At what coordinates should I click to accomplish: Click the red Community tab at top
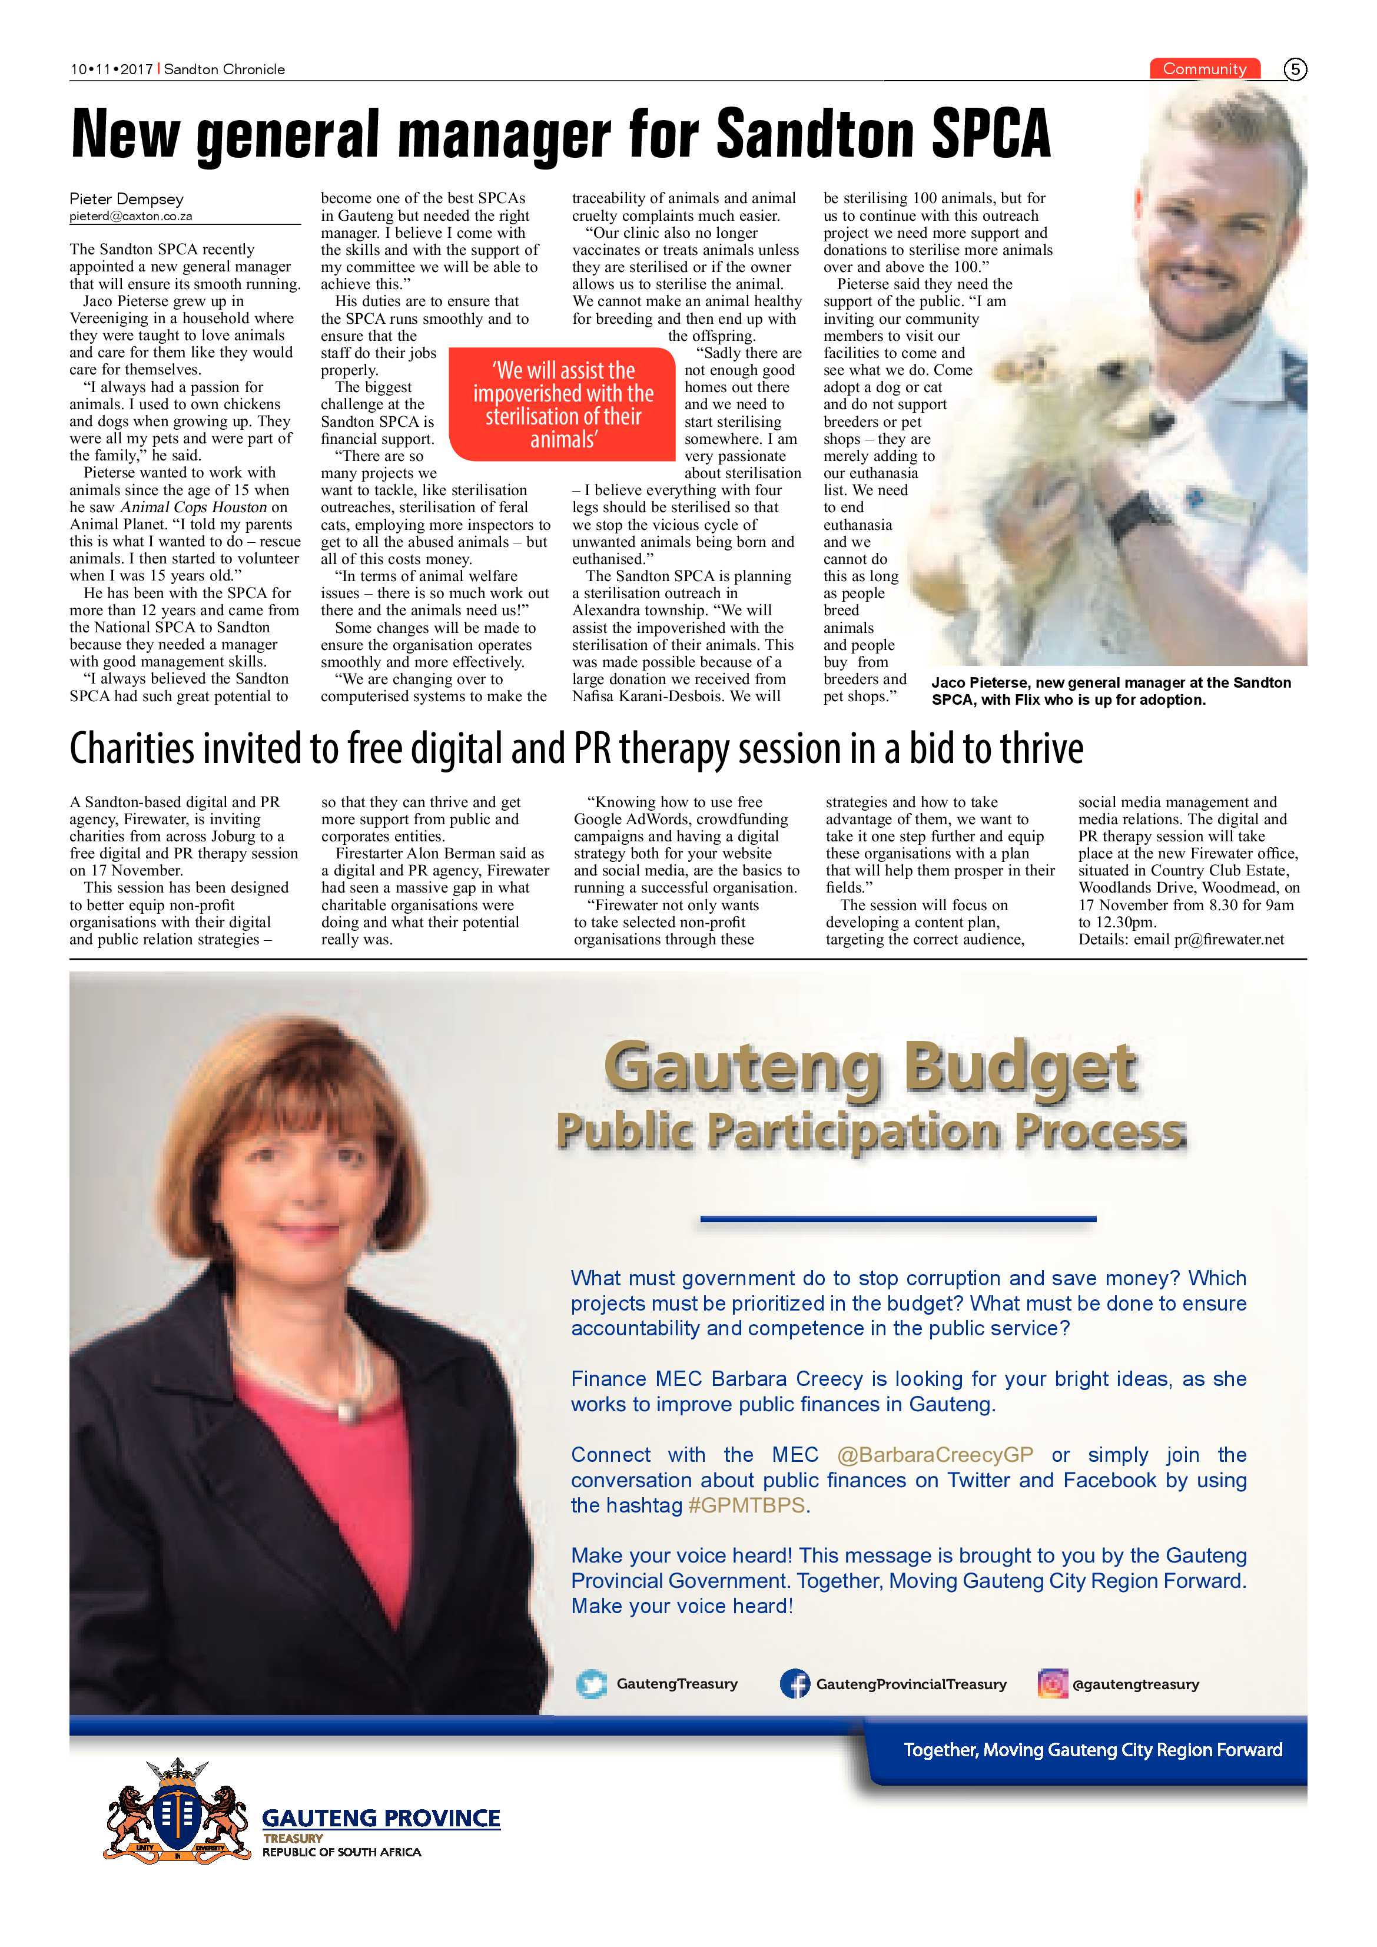[x=1204, y=69]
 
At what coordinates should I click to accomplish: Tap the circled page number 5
[x=1295, y=69]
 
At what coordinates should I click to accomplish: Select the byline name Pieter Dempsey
[x=127, y=198]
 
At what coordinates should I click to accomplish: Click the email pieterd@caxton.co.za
[x=131, y=216]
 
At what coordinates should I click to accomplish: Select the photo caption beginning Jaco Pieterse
[x=1111, y=691]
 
